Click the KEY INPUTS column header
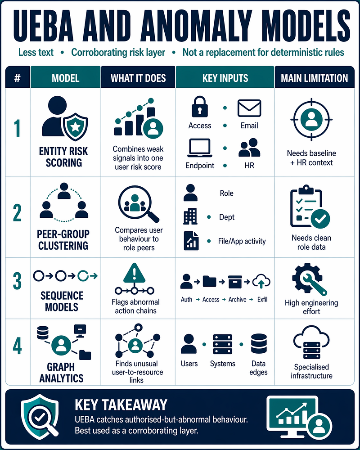pyautogui.click(x=225, y=78)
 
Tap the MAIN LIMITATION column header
pyautogui.click(x=315, y=78)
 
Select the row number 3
pyautogui.click(x=17, y=281)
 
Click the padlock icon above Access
pyautogui.click(x=199, y=107)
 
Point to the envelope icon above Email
pyautogui.click(x=249, y=108)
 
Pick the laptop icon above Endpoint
pyautogui.click(x=200, y=148)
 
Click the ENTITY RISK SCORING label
pyautogui.click(x=63, y=157)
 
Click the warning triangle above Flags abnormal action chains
pyautogui.click(x=134, y=273)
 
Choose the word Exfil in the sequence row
pyautogui.click(x=262, y=299)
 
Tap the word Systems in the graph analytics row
pyautogui.click(x=222, y=364)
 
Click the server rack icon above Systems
pyautogui.click(x=222, y=344)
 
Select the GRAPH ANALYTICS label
pyautogui.click(x=61, y=372)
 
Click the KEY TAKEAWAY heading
pyautogui.click(x=121, y=405)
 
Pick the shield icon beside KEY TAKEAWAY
pyautogui.click(x=40, y=417)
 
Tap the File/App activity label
pyautogui.click(x=242, y=241)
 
